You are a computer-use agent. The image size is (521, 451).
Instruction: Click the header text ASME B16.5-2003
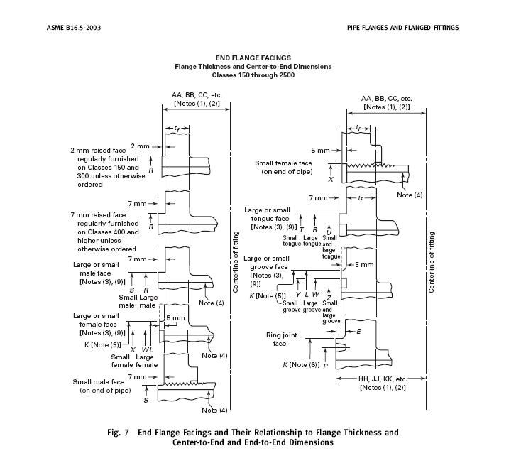pyautogui.click(x=74, y=28)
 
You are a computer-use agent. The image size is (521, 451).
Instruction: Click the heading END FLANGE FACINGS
pyautogui.click(x=253, y=58)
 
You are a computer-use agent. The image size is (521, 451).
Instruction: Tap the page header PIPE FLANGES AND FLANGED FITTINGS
pyautogui.click(x=402, y=28)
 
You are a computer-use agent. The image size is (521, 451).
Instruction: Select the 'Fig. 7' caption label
pyautogui.click(x=118, y=433)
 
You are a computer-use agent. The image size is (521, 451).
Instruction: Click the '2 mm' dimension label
pyautogui.click(x=140, y=146)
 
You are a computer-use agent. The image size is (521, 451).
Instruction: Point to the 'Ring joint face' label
pyautogui.click(x=281, y=339)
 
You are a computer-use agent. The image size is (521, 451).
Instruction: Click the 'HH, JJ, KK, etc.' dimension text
pyautogui.click(x=383, y=379)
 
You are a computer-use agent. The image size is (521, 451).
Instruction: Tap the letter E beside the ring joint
pyautogui.click(x=358, y=332)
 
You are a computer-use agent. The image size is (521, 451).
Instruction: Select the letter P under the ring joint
pyautogui.click(x=325, y=366)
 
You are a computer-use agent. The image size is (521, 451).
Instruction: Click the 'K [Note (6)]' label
pyautogui.click(x=301, y=364)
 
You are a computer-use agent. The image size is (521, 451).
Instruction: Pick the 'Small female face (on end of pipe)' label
pyautogui.click(x=283, y=168)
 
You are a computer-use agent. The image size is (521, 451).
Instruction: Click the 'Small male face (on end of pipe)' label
pyautogui.click(x=102, y=386)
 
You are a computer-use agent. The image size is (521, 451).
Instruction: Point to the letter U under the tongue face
pyautogui.click(x=329, y=232)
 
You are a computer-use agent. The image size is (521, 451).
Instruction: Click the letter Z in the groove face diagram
pyautogui.click(x=329, y=298)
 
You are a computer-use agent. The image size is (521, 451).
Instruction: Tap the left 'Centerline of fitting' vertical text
pyautogui.click(x=236, y=262)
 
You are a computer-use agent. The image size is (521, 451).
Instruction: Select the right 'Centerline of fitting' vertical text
pyautogui.click(x=432, y=262)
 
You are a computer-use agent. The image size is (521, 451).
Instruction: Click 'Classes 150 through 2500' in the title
pyautogui.click(x=253, y=75)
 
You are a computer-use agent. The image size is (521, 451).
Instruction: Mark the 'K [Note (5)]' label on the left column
pyautogui.click(x=102, y=345)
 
